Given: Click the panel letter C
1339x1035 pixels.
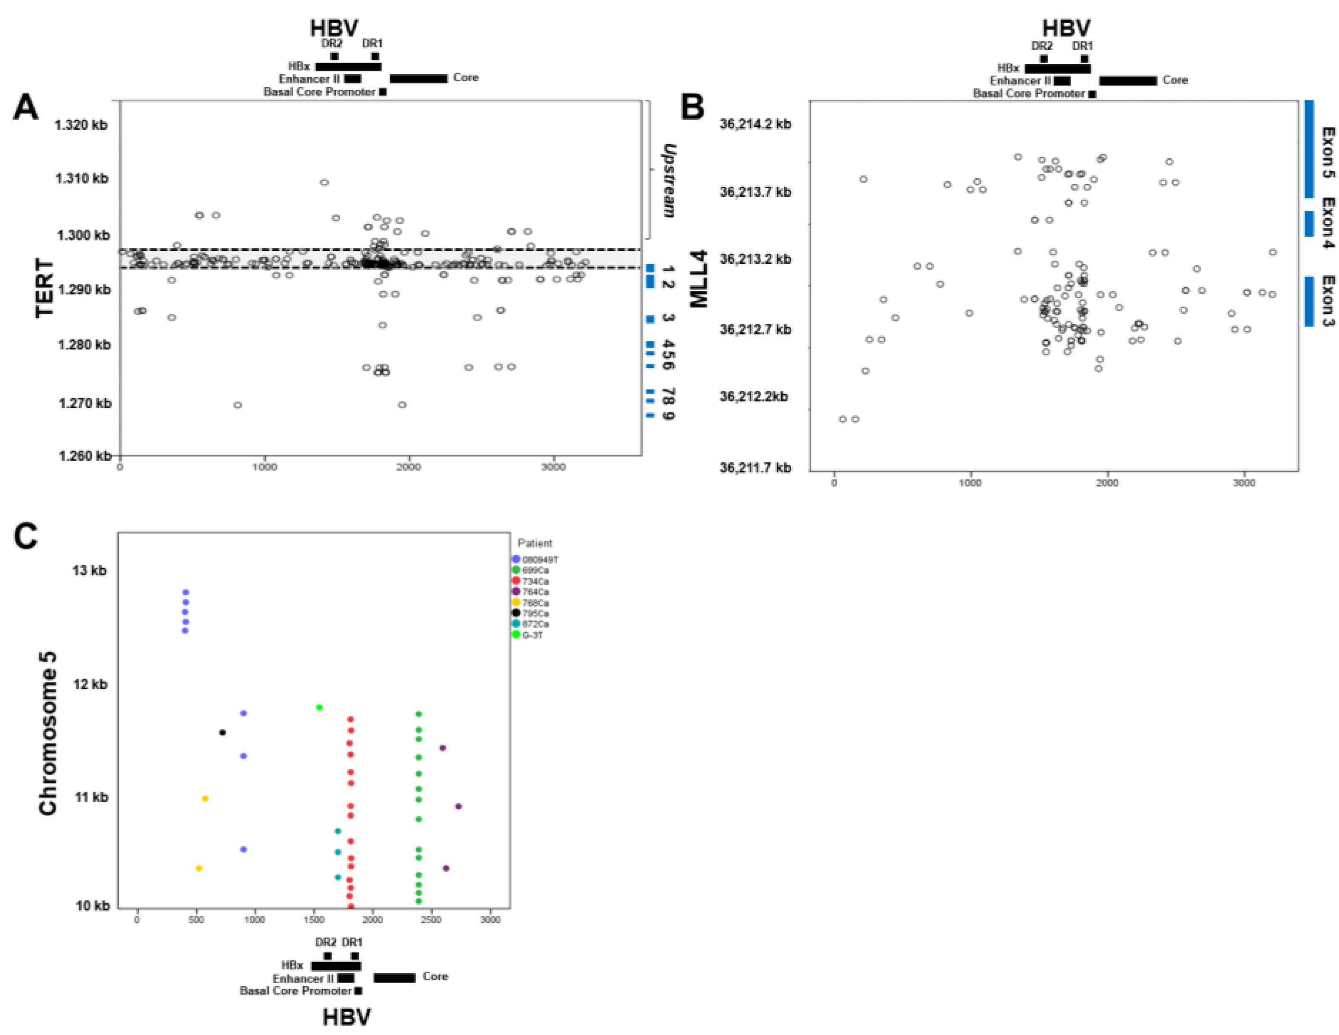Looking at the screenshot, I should [26, 536].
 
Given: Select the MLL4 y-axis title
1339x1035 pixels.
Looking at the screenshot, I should [699, 279].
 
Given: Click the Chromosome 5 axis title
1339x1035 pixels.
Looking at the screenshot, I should [48, 733].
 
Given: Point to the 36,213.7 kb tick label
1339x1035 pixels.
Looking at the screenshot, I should [756, 192].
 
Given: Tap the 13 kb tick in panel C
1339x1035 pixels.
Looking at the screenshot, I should [89, 571].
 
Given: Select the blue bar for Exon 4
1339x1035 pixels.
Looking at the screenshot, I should [1309, 223].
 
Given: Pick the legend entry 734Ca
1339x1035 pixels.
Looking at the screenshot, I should [535, 581].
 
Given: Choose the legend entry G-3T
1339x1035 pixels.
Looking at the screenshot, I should [532, 635].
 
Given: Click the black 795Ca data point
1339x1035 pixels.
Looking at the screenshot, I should [222, 732].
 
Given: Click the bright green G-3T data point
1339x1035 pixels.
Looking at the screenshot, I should [319, 707].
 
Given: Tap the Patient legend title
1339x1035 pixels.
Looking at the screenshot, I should [535, 543].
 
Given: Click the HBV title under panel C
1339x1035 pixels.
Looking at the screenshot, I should [347, 1017].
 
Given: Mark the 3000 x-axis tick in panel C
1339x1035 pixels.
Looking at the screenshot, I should [490, 919].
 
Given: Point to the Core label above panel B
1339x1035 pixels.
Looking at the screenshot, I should [1175, 80].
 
